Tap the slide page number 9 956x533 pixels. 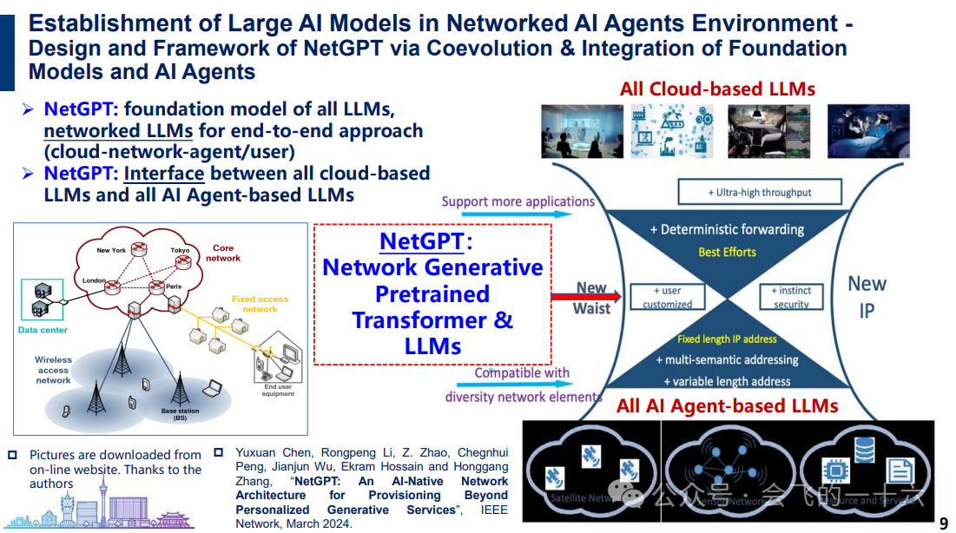tap(944, 523)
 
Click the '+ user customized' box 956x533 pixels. tap(667, 297)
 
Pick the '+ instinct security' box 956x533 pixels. tap(791, 297)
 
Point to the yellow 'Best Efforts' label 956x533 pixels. tap(727, 252)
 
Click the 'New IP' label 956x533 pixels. tap(867, 296)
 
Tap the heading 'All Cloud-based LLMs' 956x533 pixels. tap(717, 89)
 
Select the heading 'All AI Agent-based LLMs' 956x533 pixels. tap(727, 405)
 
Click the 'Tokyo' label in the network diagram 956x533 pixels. tap(180, 250)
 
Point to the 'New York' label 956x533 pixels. tap(111, 250)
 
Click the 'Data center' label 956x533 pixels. tap(43, 330)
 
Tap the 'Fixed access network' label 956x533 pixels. tap(260, 304)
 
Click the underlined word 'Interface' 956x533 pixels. tap(164, 173)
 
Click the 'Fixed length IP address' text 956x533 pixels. tap(727, 339)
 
